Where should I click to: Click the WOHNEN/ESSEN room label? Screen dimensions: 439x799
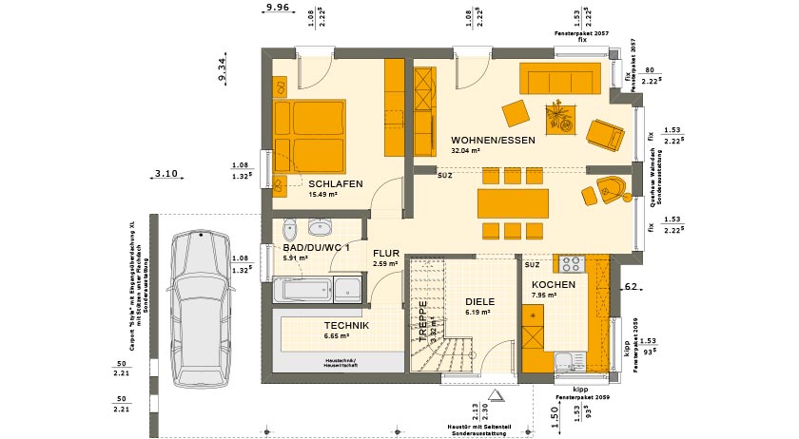click(493, 140)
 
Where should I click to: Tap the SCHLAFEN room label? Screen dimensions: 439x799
click(336, 183)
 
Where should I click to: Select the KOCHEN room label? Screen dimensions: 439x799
click(553, 285)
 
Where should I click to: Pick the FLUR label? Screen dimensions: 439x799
click(385, 254)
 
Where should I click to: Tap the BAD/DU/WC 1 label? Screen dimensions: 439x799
click(315, 247)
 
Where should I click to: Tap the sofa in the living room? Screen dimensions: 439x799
click(560, 78)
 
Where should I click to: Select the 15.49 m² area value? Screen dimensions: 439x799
click(324, 195)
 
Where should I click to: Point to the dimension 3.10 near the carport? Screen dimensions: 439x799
click(166, 173)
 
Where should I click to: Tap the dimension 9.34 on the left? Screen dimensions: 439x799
click(222, 71)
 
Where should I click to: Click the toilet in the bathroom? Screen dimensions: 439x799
click(291, 228)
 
